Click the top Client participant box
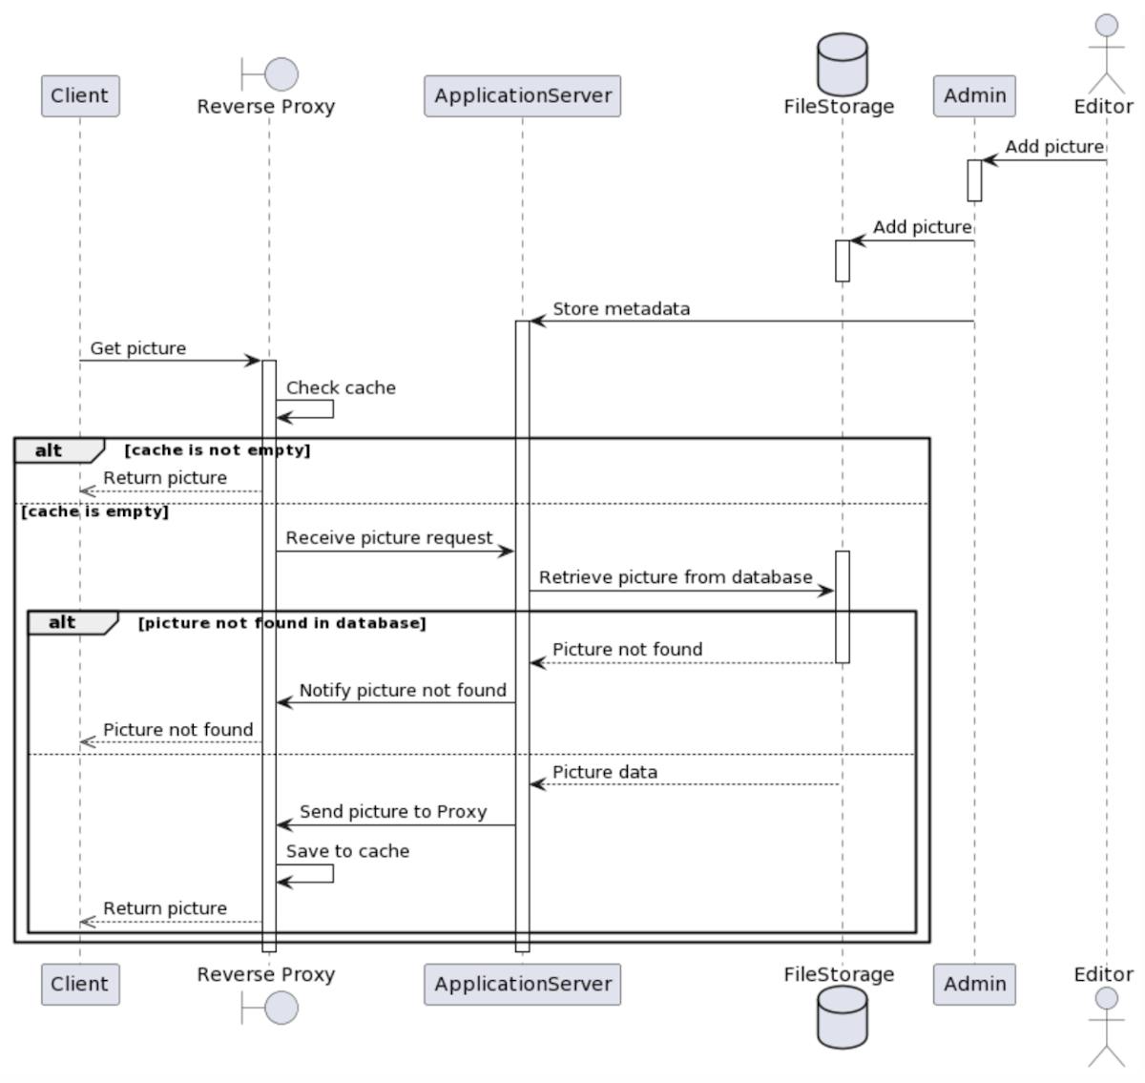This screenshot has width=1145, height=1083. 80,96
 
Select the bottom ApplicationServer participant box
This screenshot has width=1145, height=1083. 522,984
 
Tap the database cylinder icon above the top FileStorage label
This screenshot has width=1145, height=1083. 842,63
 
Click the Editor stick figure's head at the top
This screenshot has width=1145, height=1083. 1106,25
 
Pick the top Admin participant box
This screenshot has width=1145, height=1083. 974,96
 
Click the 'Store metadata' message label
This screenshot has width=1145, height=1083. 621,309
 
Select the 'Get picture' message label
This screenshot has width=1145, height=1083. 138,348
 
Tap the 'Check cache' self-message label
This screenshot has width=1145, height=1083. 341,388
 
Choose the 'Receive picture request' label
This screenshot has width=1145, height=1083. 389,538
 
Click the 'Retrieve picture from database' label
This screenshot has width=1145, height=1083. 676,577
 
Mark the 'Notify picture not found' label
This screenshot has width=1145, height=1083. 403,690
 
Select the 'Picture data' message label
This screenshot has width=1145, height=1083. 605,772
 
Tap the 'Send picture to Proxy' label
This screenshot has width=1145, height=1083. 393,812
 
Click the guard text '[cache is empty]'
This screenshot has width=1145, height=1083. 94,511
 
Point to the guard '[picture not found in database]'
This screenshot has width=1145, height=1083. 282,623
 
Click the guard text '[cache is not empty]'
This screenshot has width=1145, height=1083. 218,450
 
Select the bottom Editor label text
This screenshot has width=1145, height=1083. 1103,974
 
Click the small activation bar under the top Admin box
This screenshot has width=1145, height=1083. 974,180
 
